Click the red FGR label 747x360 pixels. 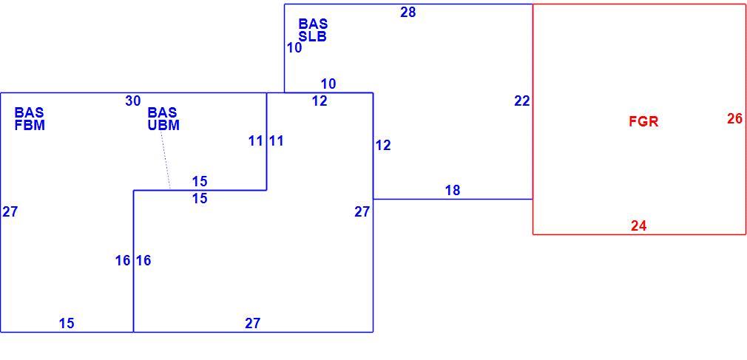point(643,121)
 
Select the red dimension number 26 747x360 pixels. point(734,118)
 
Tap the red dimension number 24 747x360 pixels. point(638,226)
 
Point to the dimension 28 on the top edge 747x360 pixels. point(408,13)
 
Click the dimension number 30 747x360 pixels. point(133,101)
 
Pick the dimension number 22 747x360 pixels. point(521,101)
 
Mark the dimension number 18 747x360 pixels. point(453,191)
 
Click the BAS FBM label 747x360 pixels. point(30,119)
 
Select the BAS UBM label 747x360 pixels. point(163,119)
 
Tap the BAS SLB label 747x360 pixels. point(313,30)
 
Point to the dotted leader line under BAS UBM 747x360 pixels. point(166,161)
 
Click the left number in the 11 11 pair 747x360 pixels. point(255,141)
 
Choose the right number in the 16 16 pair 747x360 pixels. point(143,260)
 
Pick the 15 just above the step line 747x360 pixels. point(200,181)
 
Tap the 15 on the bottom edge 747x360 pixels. point(67,323)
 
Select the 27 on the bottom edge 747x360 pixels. point(252,323)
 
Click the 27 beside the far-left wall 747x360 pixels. point(10,212)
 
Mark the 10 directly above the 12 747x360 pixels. point(328,84)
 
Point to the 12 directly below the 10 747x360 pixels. point(320,101)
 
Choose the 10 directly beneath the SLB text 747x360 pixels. point(294,48)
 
